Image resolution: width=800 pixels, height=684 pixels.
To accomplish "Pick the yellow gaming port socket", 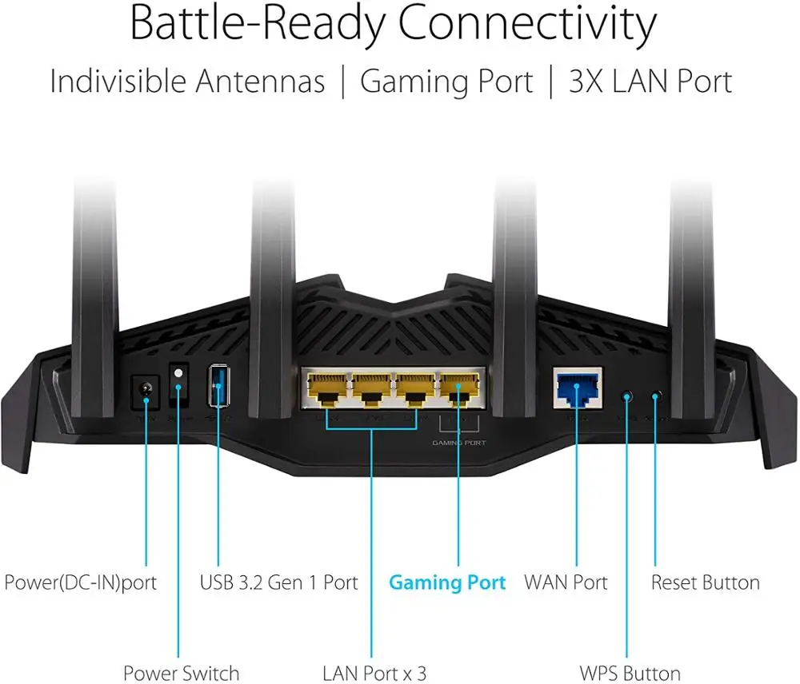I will point(459,389).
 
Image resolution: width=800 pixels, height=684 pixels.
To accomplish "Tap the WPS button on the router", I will point(627,396).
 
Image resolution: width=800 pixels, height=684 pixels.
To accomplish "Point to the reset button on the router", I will point(657,396).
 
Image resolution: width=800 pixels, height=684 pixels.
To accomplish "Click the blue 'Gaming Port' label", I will point(447,583).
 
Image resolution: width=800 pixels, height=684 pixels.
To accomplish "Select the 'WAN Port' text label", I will point(566,583).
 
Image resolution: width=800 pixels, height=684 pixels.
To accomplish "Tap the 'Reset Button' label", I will point(705,583).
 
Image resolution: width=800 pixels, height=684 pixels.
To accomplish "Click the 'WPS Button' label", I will point(630,674).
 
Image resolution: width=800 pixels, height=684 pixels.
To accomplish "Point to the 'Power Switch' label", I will point(181,674).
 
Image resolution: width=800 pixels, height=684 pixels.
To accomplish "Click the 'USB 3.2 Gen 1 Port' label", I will point(278,583).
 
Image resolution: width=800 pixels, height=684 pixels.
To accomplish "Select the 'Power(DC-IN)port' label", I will point(80,583).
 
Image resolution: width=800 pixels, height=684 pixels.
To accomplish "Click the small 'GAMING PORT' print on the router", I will point(459,442).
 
